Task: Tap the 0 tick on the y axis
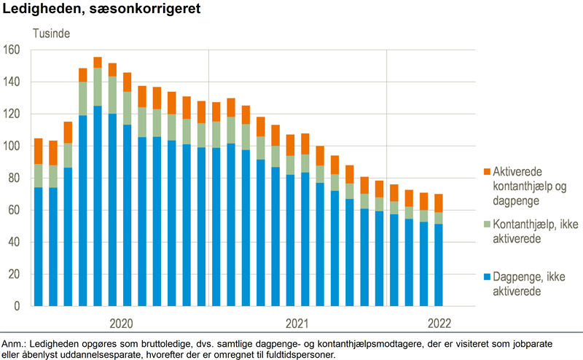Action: click(17, 306)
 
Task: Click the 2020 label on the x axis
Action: click(121, 323)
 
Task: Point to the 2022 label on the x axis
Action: click(439, 323)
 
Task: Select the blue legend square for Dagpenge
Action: click(485, 278)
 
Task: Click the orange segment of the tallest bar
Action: click(98, 62)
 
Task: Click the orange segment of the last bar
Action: click(438, 203)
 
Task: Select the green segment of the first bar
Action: click(39, 176)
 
